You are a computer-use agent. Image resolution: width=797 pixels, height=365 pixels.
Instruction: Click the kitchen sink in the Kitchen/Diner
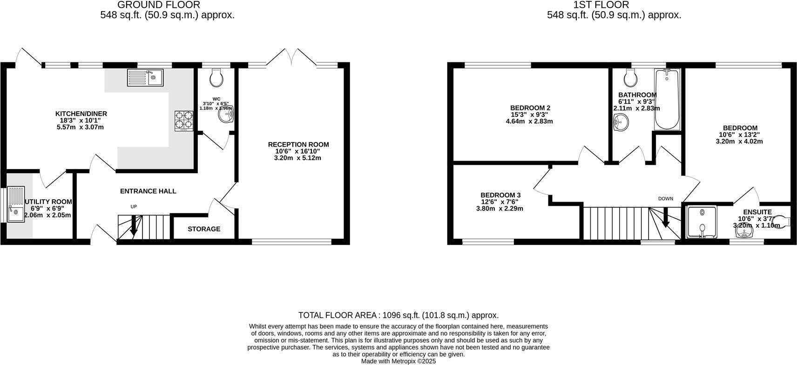tap(145, 77)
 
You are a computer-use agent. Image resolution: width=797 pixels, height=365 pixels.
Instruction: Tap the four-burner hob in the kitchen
tap(184, 121)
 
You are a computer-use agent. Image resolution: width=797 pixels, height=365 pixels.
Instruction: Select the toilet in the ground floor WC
tap(216, 78)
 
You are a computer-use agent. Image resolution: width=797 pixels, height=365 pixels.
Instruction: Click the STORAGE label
tap(204, 229)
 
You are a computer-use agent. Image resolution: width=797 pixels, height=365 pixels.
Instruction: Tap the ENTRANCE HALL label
tap(148, 191)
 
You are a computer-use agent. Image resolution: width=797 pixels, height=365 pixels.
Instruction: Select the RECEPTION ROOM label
tap(298, 144)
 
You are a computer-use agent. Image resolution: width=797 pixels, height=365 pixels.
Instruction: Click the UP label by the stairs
tap(134, 207)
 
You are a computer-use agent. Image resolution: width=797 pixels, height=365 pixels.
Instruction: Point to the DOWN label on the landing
tap(665, 199)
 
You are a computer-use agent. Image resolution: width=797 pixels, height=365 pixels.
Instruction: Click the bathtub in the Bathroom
tap(668, 99)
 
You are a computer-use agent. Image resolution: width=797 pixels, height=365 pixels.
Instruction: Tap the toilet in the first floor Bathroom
tap(630, 78)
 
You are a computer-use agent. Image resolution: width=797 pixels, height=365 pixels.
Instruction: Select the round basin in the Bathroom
tap(621, 123)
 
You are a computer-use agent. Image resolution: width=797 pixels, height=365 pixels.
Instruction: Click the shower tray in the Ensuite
tap(702, 222)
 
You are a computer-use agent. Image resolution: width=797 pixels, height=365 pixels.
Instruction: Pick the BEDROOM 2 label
tap(529, 108)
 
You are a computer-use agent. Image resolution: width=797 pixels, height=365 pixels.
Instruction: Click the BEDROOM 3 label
tap(500, 195)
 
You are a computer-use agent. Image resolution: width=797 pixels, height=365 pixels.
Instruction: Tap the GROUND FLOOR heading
tap(158, 5)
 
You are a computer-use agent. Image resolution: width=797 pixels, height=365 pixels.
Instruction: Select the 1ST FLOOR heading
tap(601, 5)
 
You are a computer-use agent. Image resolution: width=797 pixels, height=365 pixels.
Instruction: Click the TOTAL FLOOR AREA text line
tap(398, 315)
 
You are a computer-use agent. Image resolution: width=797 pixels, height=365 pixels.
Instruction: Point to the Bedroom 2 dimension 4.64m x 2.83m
tap(529, 122)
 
